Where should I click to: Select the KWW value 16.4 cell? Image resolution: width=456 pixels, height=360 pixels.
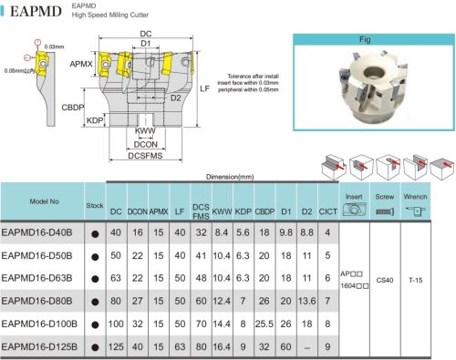(x=222, y=347)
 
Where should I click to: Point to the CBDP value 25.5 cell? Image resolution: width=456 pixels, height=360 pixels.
(x=265, y=324)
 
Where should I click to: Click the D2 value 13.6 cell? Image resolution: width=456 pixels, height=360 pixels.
(x=306, y=301)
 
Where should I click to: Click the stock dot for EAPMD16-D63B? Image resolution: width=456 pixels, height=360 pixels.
(x=94, y=278)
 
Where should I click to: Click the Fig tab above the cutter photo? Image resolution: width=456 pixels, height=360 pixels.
(x=365, y=39)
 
